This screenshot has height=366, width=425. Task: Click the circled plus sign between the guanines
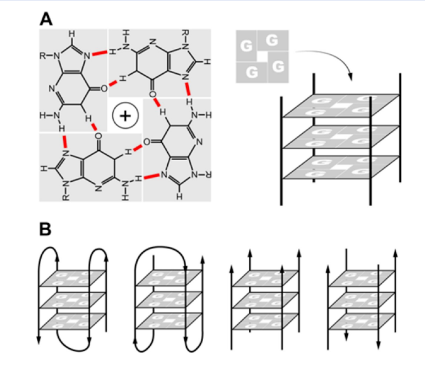coord(124,115)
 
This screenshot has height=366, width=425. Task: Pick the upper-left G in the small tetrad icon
coord(247,46)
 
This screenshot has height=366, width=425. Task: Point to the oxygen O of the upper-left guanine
coord(104,89)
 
